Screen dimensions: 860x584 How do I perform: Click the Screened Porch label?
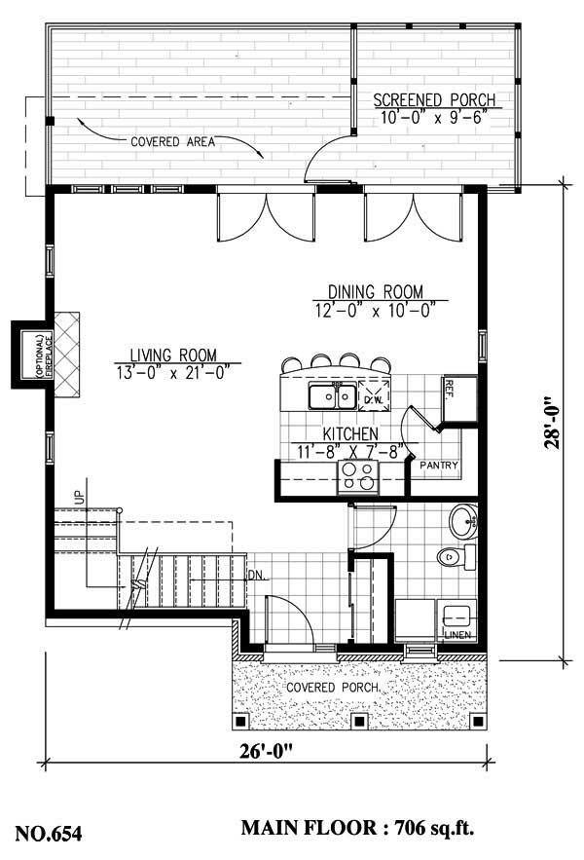pyautogui.click(x=434, y=100)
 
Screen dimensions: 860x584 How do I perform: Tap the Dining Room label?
pyautogui.click(x=375, y=291)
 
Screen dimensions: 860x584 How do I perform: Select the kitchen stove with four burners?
pyautogui.click(x=356, y=477)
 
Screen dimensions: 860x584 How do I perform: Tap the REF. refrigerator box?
pyautogui.click(x=456, y=396)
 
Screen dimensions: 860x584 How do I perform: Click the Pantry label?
pyautogui.click(x=439, y=466)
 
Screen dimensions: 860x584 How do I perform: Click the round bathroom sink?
pyautogui.click(x=463, y=521)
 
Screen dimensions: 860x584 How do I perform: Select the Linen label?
pyautogui.click(x=456, y=635)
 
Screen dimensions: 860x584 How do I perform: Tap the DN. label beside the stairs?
pyautogui.click(x=257, y=574)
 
